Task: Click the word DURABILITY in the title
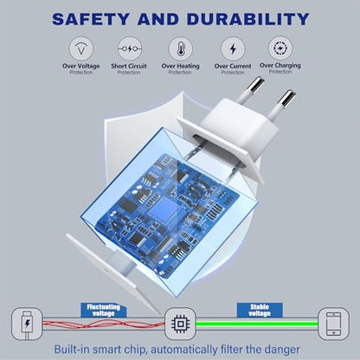pos(248,19)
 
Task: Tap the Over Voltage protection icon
pos(81,48)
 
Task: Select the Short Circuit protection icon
pos(130,48)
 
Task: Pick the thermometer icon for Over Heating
pos(181,48)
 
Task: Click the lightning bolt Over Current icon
pos(233,48)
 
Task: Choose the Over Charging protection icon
pos(280,48)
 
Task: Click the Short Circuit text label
pos(129,66)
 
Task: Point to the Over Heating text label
pos(181,67)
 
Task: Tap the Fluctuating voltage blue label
pos(103,310)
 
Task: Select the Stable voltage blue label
pos(260,310)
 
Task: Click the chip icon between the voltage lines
pos(180,324)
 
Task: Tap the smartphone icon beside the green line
pos(333,324)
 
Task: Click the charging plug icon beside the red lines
pos(27,324)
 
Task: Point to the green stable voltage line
pos(257,324)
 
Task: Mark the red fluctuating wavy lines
pos(104,324)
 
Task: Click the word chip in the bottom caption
pos(135,350)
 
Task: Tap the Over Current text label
pos(233,67)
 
